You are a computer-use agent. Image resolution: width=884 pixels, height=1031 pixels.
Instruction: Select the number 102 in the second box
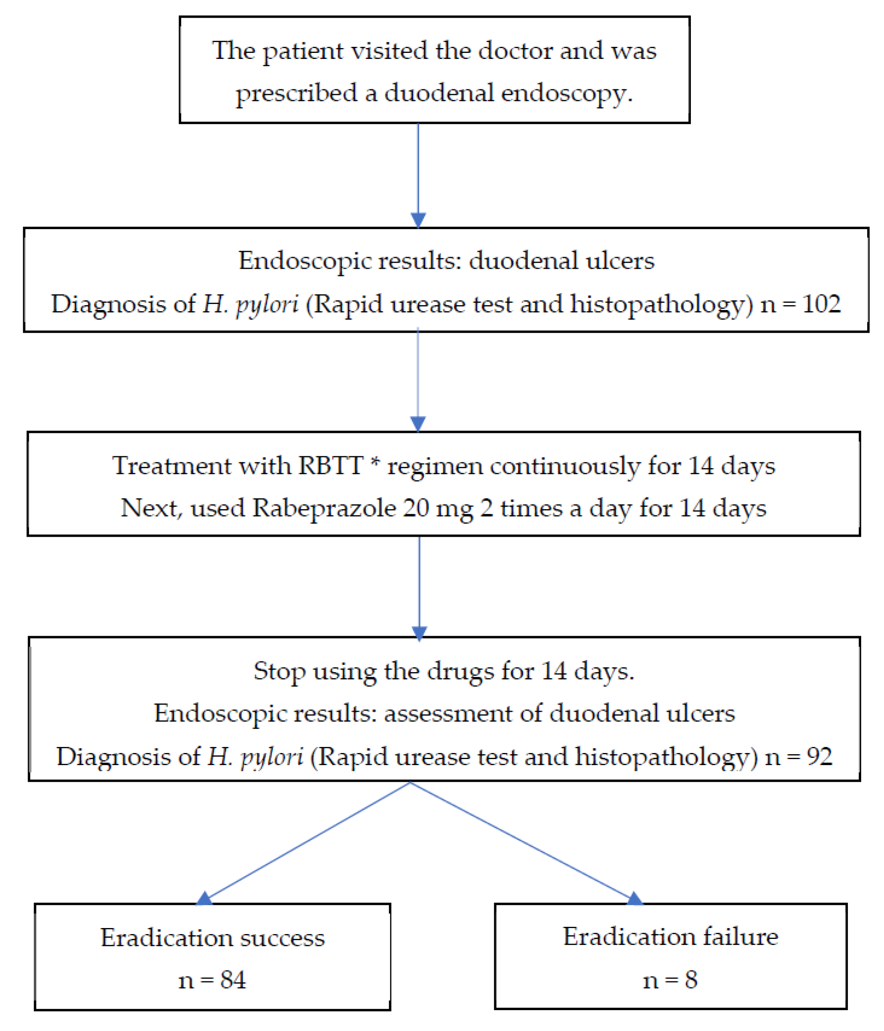coord(821,304)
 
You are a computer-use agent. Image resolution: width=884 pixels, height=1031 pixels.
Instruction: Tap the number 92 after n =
coord(819,757)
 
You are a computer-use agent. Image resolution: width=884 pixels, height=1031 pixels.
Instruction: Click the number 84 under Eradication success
coord(233,980)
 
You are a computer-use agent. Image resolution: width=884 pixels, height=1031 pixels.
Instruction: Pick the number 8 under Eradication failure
coord(691,980)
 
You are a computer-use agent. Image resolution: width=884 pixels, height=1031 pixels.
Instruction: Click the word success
coord(282,938)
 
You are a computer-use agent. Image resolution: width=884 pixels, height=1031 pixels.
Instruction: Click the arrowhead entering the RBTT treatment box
coord(418,423)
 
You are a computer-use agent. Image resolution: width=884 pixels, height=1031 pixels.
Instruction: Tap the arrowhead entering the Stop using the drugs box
coord(419,633)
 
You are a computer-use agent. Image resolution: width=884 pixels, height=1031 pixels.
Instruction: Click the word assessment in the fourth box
coord(448,713)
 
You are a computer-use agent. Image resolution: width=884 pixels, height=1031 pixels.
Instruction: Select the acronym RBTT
coord(330,466)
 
